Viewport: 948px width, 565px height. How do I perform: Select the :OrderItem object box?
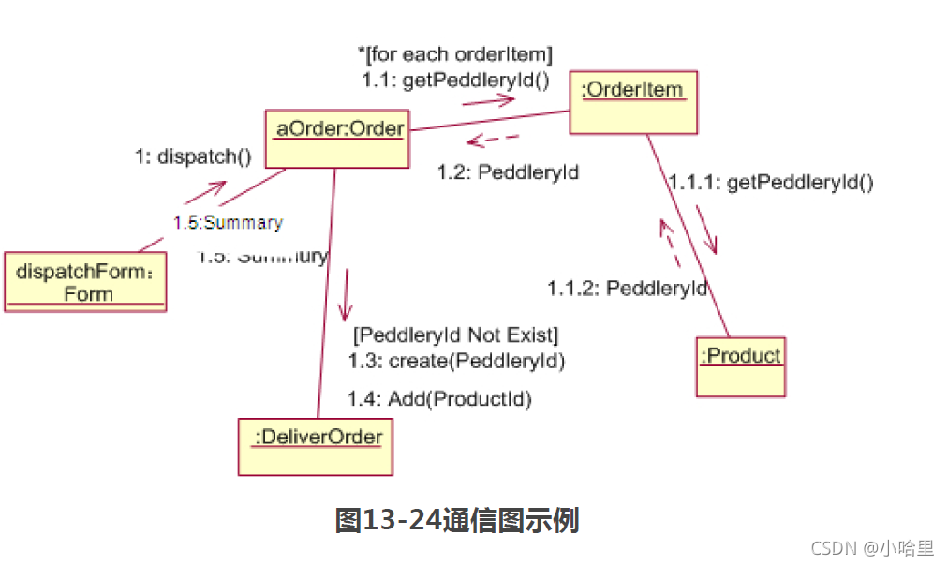click(633, 102)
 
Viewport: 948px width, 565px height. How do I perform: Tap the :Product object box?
click(740, 366)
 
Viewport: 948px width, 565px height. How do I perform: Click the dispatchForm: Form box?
click(85, 282)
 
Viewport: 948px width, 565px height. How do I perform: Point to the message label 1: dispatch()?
click(194, 156)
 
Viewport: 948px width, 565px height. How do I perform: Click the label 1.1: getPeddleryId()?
click(455, 81)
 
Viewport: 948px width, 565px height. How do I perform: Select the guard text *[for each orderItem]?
click(455, 54)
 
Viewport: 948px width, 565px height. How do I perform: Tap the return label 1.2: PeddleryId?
click(509, 172)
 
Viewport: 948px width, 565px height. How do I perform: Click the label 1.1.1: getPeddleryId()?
click(771, 183)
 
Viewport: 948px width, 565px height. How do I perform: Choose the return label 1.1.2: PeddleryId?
click(628, 288)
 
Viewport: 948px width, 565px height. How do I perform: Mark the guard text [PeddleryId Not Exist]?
click(455, 335)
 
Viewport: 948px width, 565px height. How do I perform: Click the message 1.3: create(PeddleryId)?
click(456, 361)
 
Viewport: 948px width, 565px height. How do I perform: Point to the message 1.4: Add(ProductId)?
click(439, 400)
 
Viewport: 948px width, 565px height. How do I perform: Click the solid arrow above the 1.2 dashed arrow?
click(488, 100)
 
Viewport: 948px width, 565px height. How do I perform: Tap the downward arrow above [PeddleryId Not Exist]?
click(347, 294)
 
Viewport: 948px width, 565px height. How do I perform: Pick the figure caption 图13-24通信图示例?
click(456, 520)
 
